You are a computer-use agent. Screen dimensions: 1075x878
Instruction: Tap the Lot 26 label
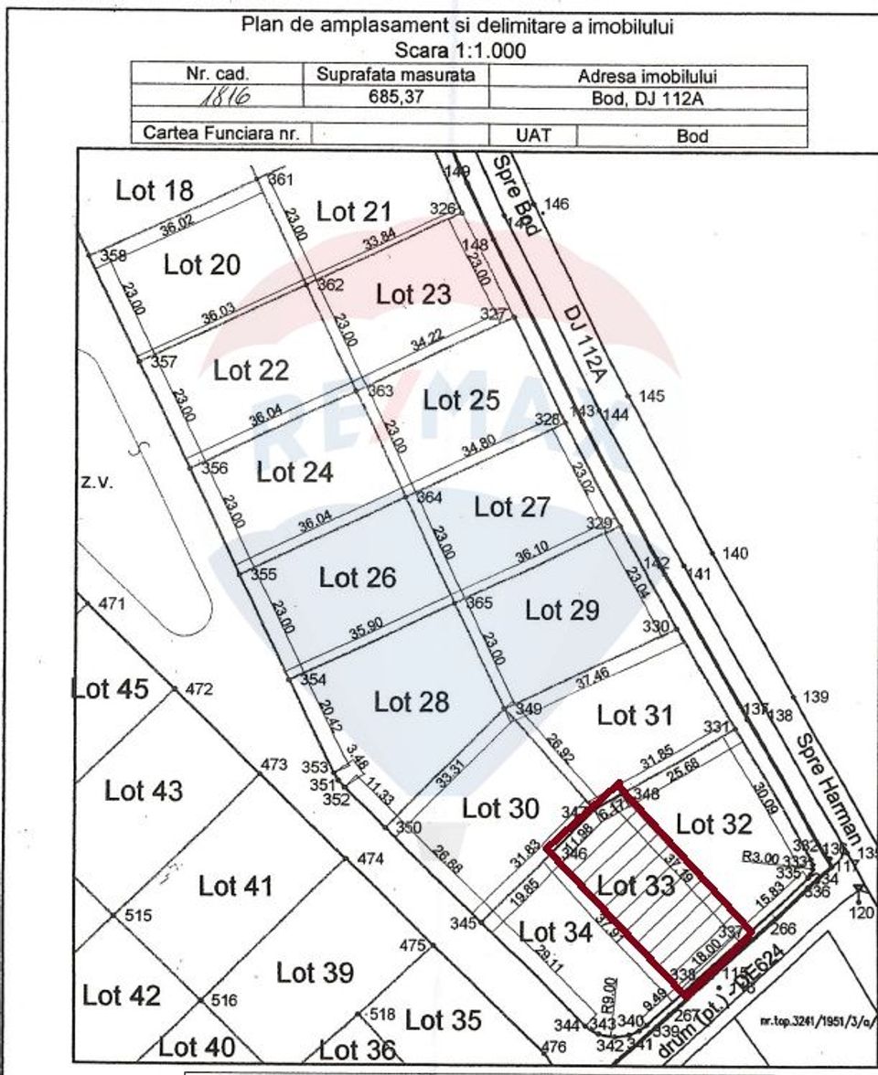pyautogui.click(x=357, y=578)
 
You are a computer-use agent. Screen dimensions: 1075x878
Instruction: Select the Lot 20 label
pyautogui.click(x=202, y=265)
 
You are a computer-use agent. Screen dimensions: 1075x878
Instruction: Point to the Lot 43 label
pyautogui.click(x=144, y=790)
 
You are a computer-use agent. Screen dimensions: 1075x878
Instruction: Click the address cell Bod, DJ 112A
pyautogui.click(x=648, y=98)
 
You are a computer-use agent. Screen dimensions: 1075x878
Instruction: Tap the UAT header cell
pyautogui.click(x=533, y=135)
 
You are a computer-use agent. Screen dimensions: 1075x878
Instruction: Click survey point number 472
pyautogui.click(x=198, y=689)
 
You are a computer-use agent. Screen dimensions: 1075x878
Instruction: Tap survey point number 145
pyautogui.click(x=652, y=397)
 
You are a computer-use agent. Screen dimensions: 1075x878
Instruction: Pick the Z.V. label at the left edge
pyautogui.click(x=96, y=484)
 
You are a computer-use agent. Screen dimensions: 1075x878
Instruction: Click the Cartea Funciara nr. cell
pyautogui.click(x=221, y=134)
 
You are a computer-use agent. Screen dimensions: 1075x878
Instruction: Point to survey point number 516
pyautogui.click(x=225, y=1000)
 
